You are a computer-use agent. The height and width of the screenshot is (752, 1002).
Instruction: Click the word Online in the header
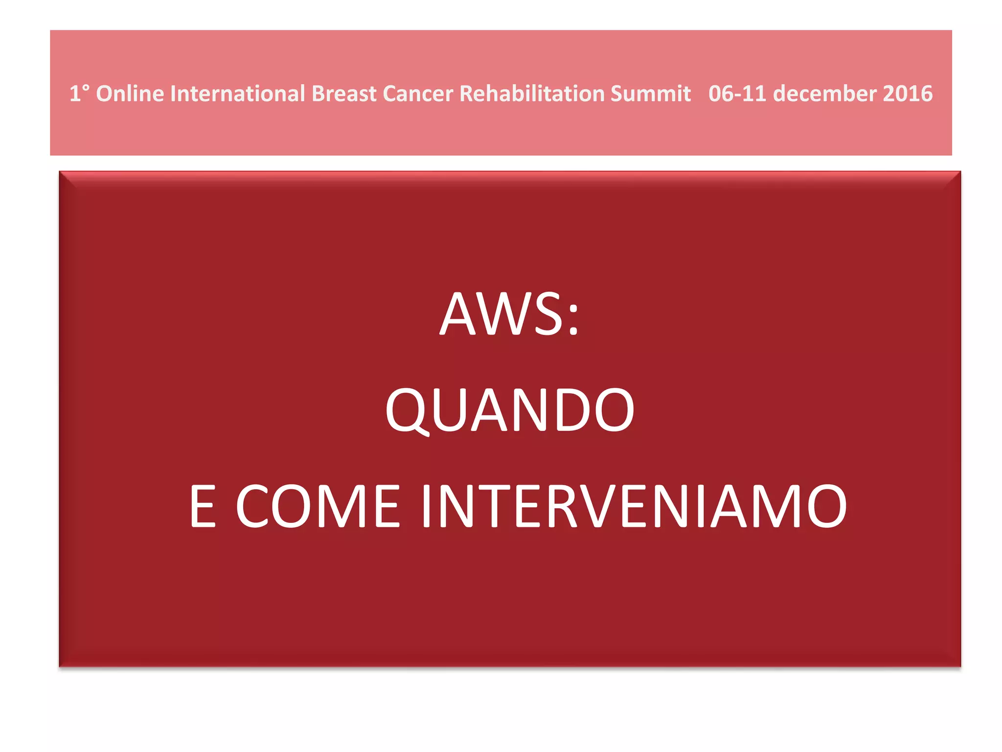coord(130,94)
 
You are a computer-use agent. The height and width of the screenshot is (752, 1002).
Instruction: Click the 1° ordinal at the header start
coord(79,94)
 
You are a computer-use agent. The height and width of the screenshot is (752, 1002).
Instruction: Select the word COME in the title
coord(318,506)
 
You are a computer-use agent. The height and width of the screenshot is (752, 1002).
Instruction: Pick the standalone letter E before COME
coord(203,506)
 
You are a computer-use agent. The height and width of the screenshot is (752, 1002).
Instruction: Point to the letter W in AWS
coord(509,314)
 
